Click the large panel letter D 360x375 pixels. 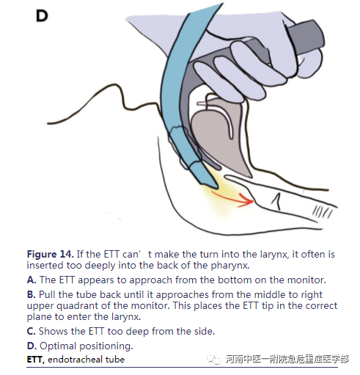click(x=42, y=16)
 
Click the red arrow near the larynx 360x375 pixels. click(x=232, y=199)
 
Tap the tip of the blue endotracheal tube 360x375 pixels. click(x=216, y=187)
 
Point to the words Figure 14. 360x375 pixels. click(x=50, y=255)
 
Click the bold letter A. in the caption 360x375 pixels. click(x=32, y=280)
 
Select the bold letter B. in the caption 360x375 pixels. click(x=32, y=294)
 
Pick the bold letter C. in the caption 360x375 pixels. click(x=32, y=331)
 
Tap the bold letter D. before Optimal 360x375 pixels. click(x=32, y=346)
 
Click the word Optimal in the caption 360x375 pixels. click(x=58, y=346)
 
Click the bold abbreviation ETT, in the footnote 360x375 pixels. click(x=36, y=360)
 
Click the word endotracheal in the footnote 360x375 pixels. click(x=76, y=360)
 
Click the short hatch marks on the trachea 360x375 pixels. click(x=322, y=211)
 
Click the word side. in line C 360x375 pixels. click(x=205, y=331)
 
